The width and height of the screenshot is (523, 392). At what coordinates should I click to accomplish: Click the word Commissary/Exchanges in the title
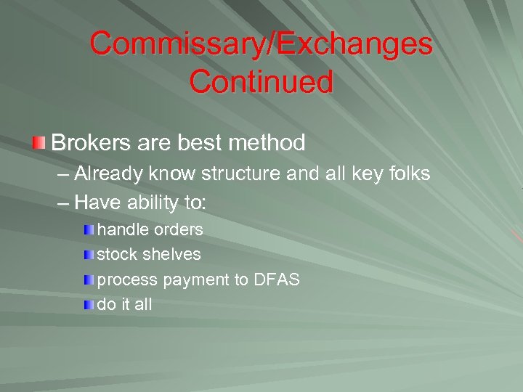[x=261, y=45]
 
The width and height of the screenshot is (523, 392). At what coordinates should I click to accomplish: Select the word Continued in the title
[x=261, y=81]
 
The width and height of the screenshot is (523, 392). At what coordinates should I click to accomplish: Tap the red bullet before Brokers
[x=39, y=142]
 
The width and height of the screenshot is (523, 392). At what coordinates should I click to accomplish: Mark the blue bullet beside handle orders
[x=88, y=230]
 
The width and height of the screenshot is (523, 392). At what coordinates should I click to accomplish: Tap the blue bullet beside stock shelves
[x=88, y=255]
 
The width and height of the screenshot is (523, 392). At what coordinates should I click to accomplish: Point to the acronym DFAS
[x=276, y=279]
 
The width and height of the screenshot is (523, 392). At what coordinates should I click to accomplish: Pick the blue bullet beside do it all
[x=88, y=305]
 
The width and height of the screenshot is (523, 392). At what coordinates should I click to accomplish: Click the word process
[x=128, y=280]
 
